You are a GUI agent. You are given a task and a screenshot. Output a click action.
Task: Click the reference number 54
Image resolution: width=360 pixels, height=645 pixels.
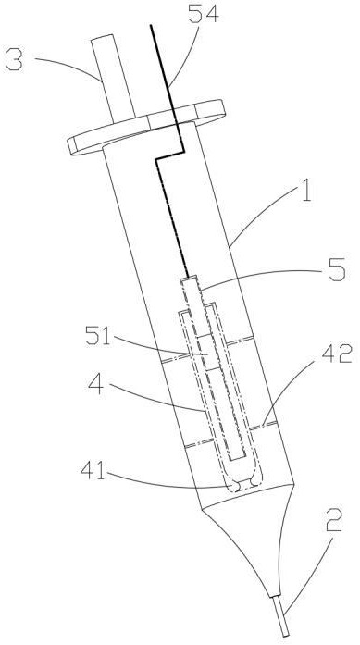204,15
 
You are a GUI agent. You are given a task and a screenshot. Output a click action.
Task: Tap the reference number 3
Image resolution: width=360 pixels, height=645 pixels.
14,60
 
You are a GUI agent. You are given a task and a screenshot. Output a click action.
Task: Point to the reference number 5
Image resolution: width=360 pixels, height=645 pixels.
337,270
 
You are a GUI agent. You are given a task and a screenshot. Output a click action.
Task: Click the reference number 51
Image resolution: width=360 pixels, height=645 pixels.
98,336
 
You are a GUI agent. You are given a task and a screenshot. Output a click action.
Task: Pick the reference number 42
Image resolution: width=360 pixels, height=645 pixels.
338,354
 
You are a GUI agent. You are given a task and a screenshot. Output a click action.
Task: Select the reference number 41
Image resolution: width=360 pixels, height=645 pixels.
93,470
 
